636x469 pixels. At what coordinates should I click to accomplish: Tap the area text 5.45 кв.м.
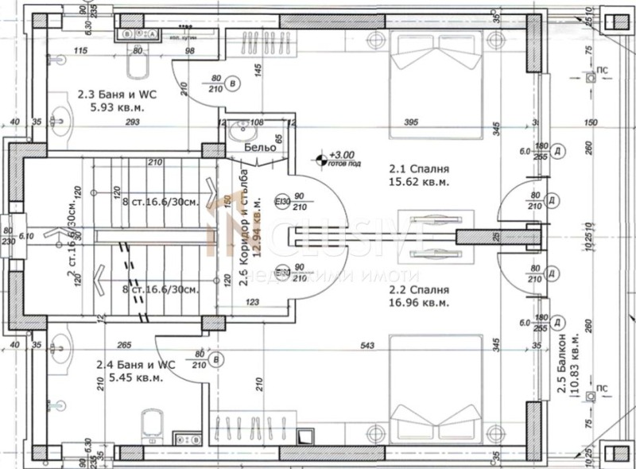tap(132, 378)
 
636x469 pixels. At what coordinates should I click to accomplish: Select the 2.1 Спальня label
tap(420, 169)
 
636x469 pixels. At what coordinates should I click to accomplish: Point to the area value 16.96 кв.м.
tap(420, 303)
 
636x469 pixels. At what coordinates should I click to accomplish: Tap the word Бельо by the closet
tap(260, 148)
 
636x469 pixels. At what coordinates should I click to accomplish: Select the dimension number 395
tap(410, 122)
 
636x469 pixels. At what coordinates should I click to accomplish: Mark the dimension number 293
tap(132, 122)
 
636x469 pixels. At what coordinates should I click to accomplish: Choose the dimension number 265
tap(122, 345)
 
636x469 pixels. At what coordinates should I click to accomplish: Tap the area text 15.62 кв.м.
tap(420, 181)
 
